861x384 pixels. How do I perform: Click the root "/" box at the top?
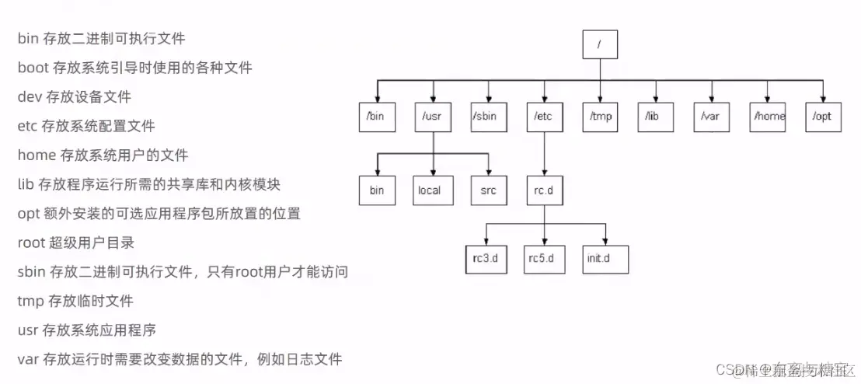click(x=600, y=44)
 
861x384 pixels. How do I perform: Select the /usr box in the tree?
click(x=432, y=117)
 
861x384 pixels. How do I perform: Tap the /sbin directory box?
click(x=488, y=117)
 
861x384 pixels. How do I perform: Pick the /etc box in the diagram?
click(x=544, y=117)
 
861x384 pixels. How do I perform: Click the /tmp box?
click(x=600, y=117)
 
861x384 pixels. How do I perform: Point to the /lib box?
click(x=655, y=117)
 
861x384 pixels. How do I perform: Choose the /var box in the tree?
click(x=711, y=117)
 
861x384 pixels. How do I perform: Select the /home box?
click(x=767, y=117)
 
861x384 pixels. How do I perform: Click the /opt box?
click(x=823, y=117)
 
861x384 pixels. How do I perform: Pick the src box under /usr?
click(x=488, y=190)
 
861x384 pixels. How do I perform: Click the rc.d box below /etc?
click(x=544, y=190)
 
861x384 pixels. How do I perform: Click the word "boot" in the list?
click(x=33, y=68)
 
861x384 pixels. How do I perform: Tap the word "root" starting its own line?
click(x=31, y=242)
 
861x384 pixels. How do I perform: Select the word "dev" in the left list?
click(x=29, y=97)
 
